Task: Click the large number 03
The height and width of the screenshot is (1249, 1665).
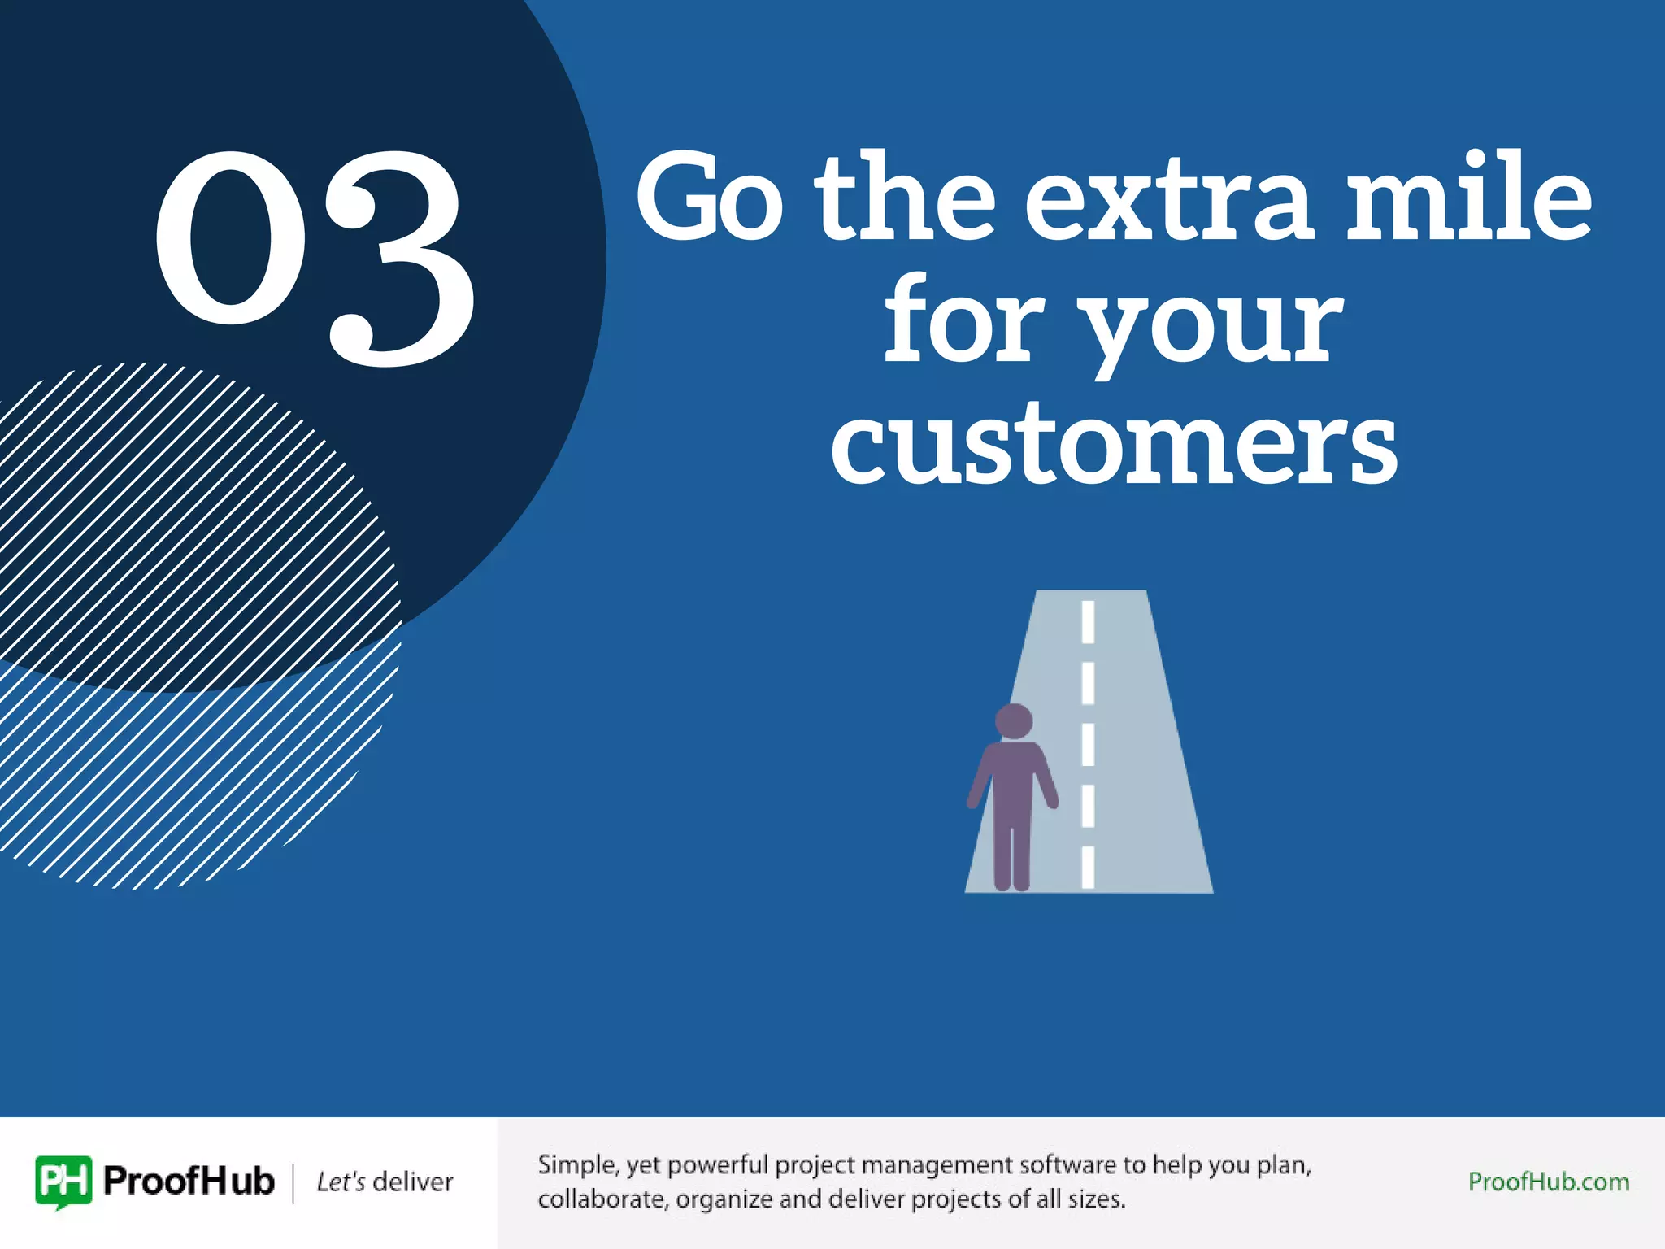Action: pos(315,256)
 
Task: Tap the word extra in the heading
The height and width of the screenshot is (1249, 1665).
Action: pos(1167,199)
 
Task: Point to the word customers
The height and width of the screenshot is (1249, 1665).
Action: pos(1114,443)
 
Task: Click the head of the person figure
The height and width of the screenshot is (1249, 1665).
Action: pos(1014,720)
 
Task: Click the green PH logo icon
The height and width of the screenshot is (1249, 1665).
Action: pos(63,1182)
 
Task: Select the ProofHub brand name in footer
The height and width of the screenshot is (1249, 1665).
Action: pos(189,1182)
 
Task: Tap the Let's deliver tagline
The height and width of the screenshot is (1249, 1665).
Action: pos(385,1182)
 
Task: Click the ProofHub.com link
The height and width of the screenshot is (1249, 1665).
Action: pos(1548,1182)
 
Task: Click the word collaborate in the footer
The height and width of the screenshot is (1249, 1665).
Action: pos(602,1199)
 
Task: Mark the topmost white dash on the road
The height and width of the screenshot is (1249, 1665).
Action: pos(1088,621)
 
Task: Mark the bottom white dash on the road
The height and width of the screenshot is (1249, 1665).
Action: pos(1088,867)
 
